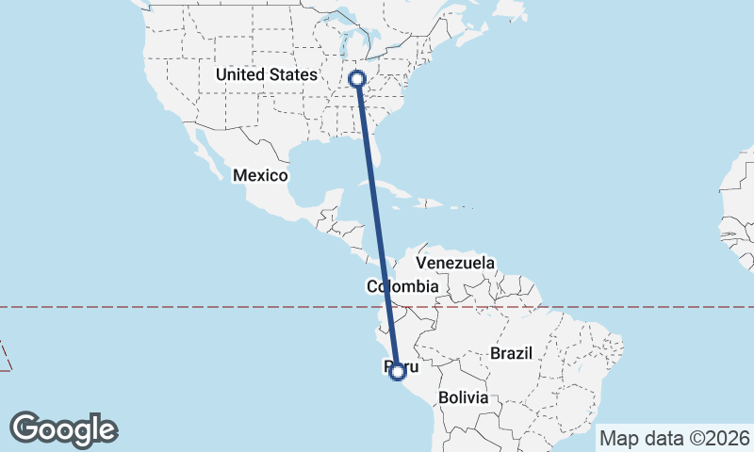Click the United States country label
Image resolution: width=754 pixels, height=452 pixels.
[266, 74]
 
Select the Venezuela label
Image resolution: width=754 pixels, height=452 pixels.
[455, 262]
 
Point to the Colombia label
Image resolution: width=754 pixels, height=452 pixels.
[402, 286]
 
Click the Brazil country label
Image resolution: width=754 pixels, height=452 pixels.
[512, 353]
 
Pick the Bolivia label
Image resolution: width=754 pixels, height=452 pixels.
[462, 397]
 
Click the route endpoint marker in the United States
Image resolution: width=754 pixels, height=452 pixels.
[357, 79]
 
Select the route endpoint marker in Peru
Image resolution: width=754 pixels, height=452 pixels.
[398, 372]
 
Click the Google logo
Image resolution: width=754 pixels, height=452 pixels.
[63, 429]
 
